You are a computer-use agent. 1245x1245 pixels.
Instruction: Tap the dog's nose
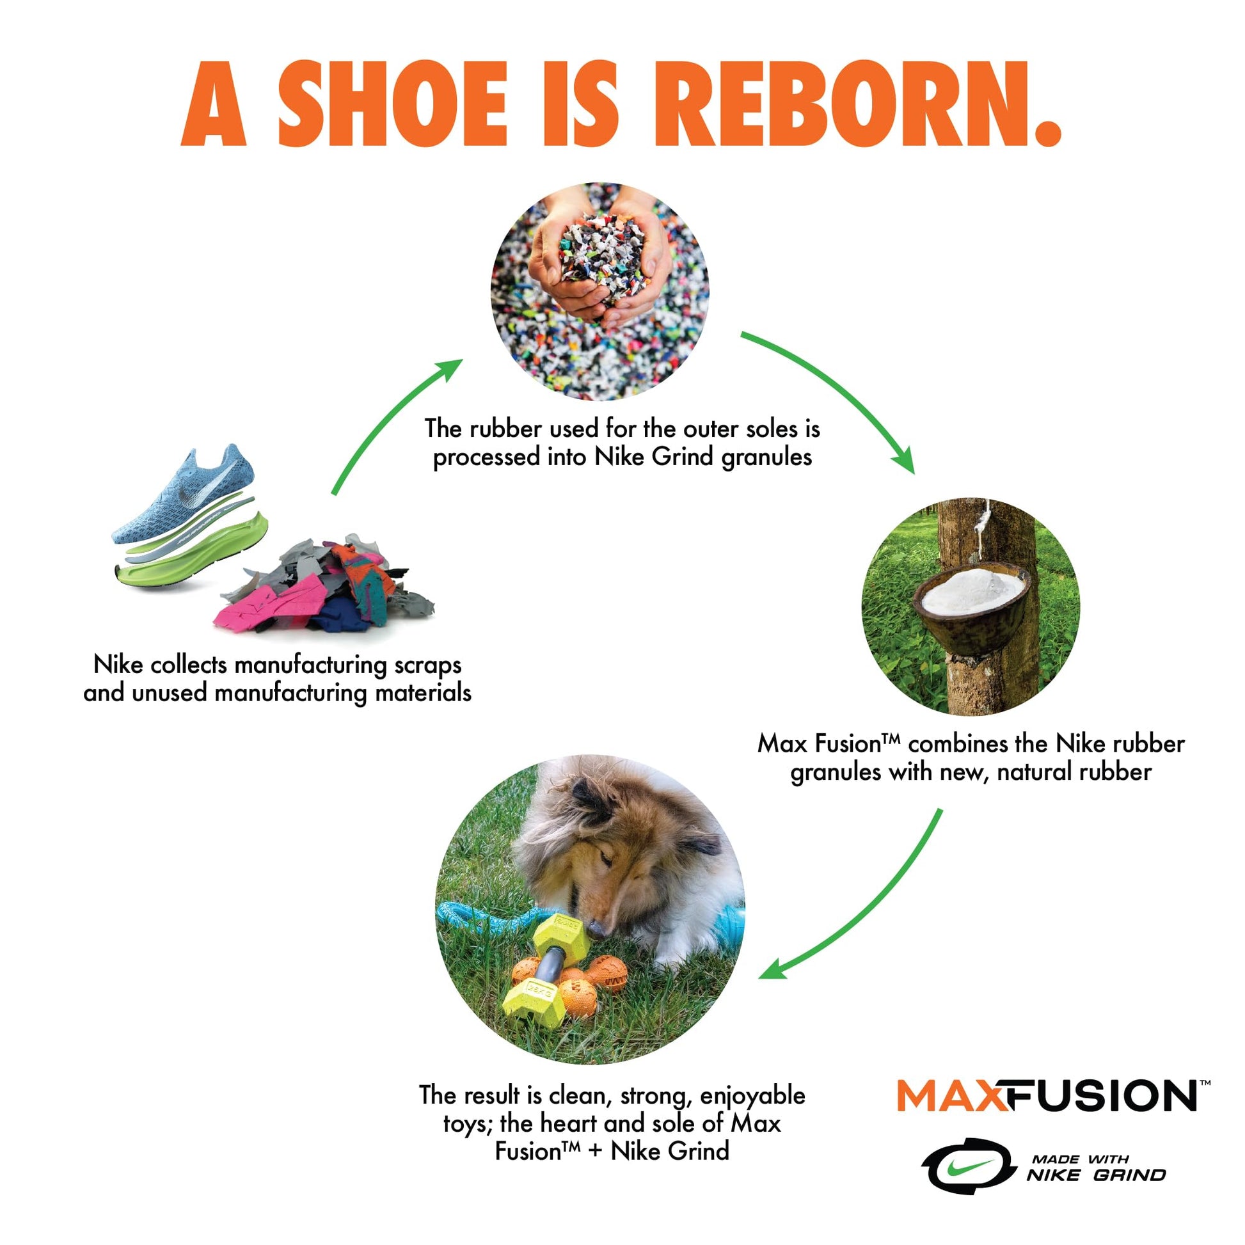tap(597, 928)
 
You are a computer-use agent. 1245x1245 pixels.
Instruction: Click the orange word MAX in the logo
tap(953, 1095)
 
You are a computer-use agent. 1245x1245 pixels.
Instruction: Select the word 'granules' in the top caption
tap(766, 457)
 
